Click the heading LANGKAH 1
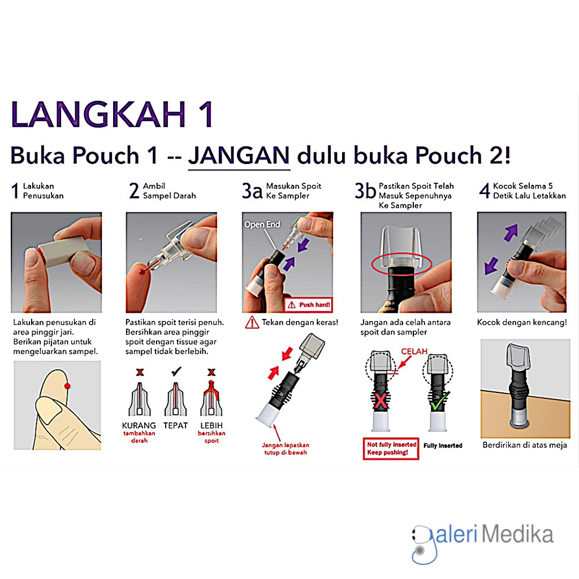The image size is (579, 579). click(x=113, y=115)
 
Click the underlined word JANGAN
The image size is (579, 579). click(x=239, y=155)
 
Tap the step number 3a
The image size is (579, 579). click(x=252, y=191)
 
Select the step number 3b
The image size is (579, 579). click(x=365, y=191)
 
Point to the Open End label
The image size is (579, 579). click(x=262, y=224)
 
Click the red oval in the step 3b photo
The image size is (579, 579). click(x=401, y=264)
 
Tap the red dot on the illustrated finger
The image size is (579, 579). click(x=67, y=386)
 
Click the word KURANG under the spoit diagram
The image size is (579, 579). click(x=139, y=425)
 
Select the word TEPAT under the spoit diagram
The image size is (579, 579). click(x=175, y=425)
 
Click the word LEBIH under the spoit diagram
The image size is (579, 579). click(x=211, y=425)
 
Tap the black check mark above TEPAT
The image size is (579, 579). click(x=176, y=371)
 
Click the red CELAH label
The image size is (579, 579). click(x=415, y=352)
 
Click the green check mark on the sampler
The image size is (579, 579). click(x=437, y=403)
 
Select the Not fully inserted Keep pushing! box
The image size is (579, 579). click(x=391, y=448)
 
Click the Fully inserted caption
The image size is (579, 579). click(x=443, y=446)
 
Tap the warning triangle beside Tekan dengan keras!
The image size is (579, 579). click(x=252, y=323)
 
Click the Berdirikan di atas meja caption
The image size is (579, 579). click(x=524, y=445)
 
